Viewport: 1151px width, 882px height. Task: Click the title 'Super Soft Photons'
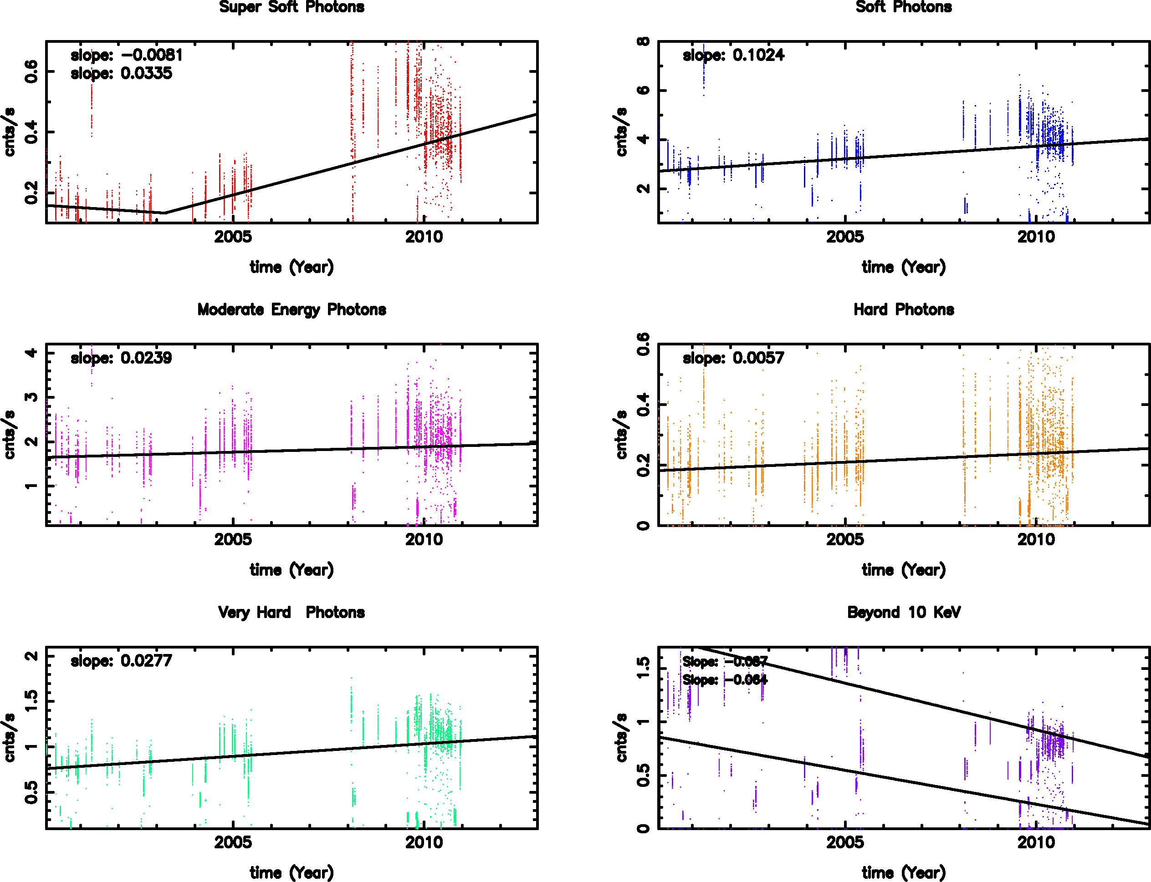tap(292, 7)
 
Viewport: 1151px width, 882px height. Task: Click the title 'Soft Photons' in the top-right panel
tap(904, 7)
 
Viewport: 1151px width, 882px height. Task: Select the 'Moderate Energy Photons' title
tap(292, 310)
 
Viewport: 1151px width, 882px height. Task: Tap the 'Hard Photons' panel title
tap(904, 310)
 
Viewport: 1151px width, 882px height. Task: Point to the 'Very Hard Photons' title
tap(292, 613)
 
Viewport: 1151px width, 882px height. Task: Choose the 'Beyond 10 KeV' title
tap(904, 613)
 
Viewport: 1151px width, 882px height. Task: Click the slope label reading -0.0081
tap(127, 55)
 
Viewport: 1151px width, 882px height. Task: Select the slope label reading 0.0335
tap(121, 74)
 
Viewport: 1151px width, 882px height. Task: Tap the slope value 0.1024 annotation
tap(733, 55)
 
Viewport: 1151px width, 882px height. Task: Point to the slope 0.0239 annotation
tap(121, 358)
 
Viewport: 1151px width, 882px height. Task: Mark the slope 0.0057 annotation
tap(733, 358)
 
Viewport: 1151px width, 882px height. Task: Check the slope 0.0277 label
tap(121, 661)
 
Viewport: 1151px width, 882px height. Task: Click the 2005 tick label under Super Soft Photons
tap(233, 237)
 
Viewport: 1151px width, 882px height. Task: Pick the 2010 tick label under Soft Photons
tap(1036, 237)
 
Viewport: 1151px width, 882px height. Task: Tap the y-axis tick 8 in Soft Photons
tap(644, 41)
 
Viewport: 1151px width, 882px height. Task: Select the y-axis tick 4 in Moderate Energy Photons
tap(31, 353)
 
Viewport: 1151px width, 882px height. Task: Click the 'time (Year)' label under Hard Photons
tap(904, 570)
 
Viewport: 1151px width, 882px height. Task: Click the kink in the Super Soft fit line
tap(164, 213)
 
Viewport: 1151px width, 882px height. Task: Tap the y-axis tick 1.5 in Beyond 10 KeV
tap(644, 667)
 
